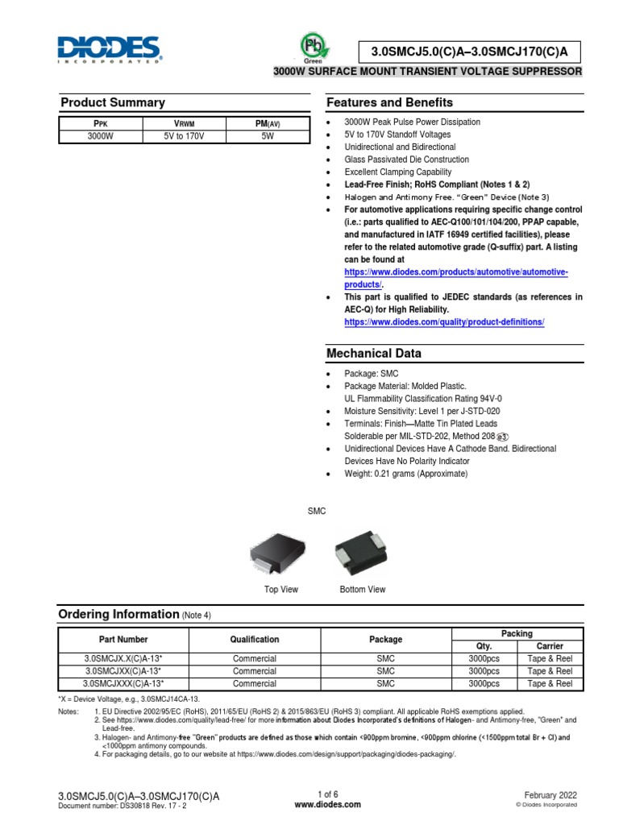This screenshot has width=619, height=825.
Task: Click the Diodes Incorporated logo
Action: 110,49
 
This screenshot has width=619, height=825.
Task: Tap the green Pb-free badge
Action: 311,46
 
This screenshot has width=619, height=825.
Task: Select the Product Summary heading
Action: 113,102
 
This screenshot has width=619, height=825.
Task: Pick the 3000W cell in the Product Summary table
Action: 101,137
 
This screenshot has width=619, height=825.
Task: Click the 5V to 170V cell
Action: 185,137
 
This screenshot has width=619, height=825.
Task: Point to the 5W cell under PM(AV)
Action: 268,137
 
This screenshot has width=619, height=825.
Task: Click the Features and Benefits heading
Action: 389,102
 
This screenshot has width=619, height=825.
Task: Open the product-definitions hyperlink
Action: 444,322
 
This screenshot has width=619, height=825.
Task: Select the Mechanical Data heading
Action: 373,354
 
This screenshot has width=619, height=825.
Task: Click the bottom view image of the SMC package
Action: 362,553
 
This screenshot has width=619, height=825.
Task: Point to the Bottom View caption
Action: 363,590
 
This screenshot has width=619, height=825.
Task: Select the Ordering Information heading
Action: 118,615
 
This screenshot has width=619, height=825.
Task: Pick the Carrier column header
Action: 550,646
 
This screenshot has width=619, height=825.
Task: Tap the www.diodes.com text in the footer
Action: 328,804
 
